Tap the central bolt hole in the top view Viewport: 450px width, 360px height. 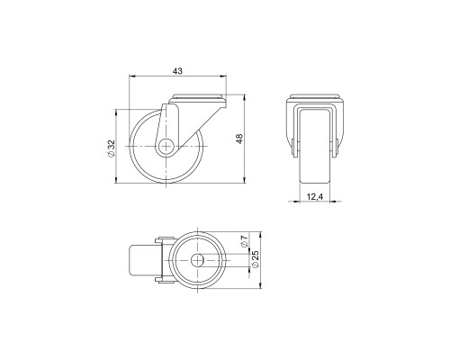[x=197, y=260]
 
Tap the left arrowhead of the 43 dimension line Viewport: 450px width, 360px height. [x=131, y=78]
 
